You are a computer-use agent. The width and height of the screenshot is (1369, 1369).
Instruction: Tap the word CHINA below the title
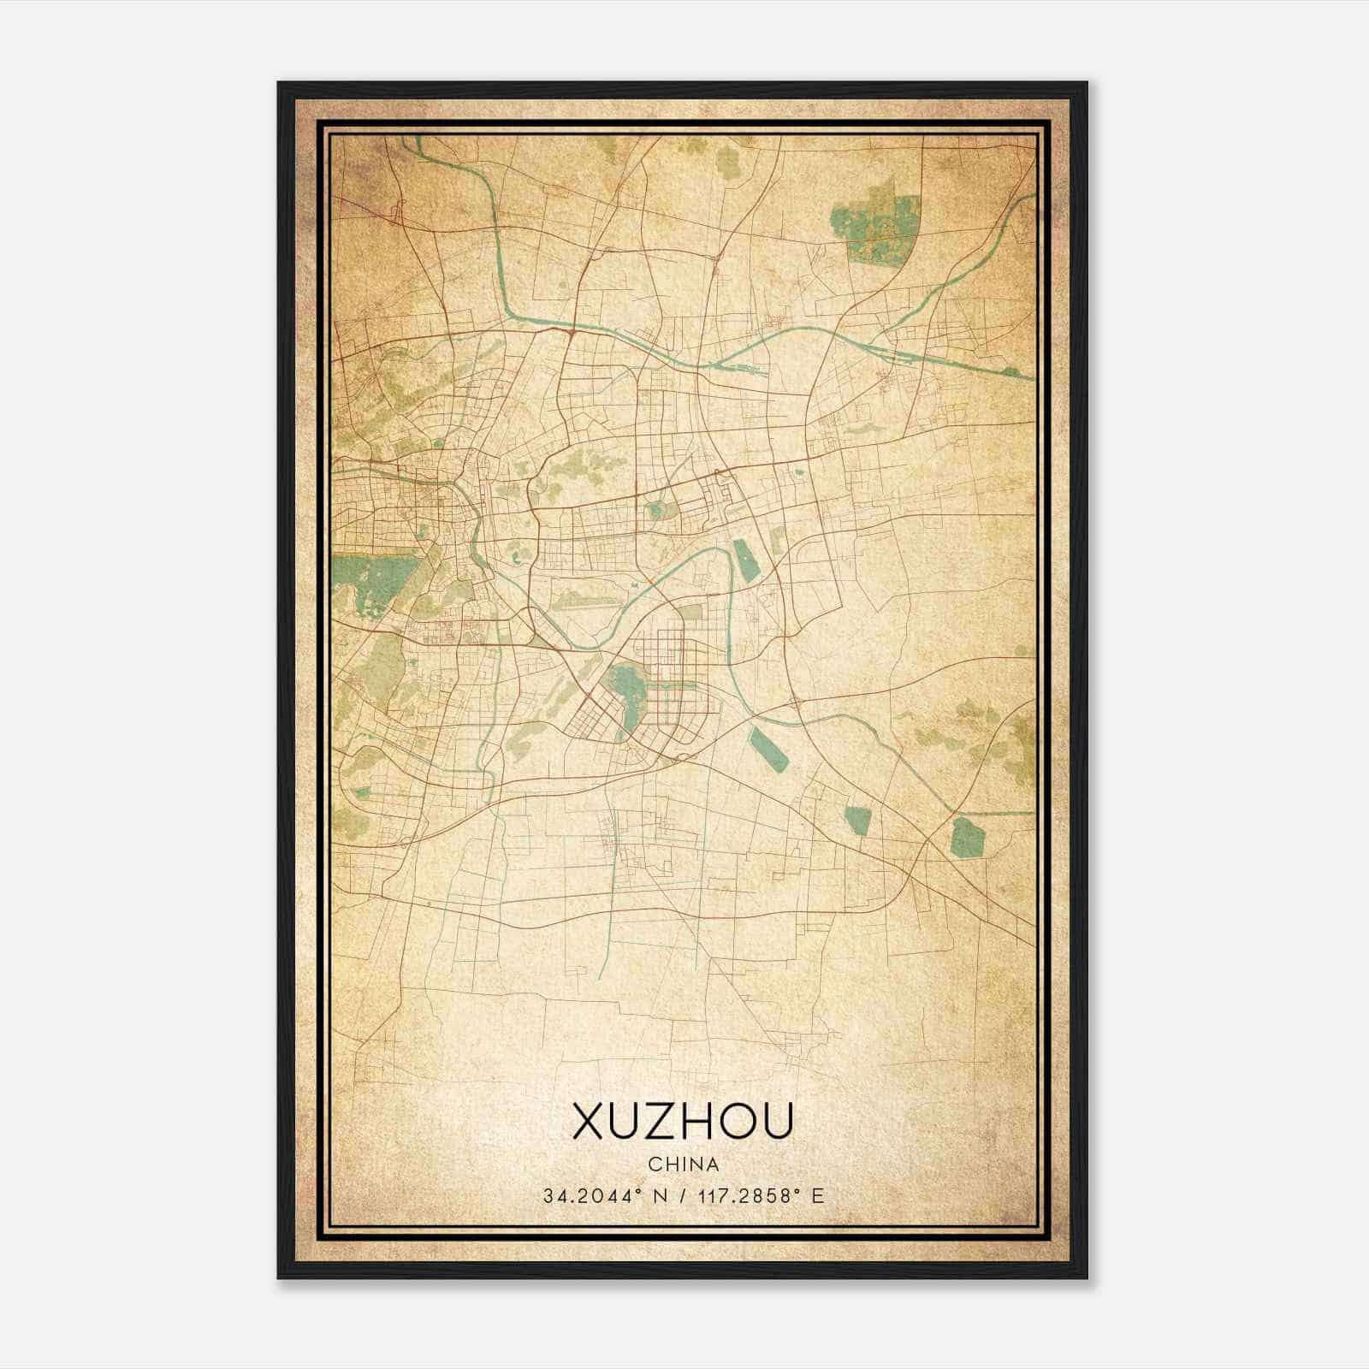[x=683, y=1165]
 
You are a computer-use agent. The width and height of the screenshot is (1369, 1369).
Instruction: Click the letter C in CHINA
[x=655, y=1165]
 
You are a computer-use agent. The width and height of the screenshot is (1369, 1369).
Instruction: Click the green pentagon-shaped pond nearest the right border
[x=965, y=836]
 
